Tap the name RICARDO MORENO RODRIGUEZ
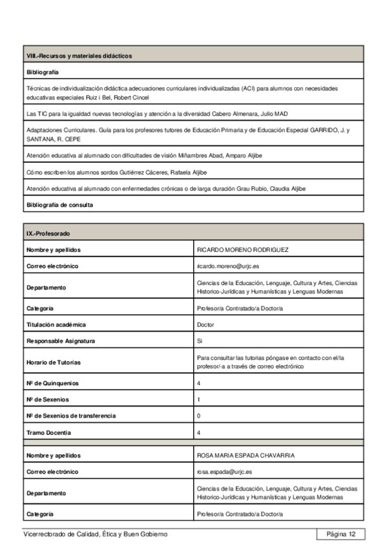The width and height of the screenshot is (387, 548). [242, 249]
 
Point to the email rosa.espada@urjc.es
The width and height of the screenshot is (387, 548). [224, 472]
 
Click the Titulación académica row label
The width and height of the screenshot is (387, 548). [56, 324]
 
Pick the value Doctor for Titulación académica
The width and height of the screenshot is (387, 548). [205, 324]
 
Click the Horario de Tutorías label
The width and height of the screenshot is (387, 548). [54, 362]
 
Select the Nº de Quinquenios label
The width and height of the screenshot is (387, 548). [53, 383]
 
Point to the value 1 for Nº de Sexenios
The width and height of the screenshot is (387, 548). [198, 399]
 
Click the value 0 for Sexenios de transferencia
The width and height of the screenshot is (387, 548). [198, 416]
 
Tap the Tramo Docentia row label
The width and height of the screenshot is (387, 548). [49, 432]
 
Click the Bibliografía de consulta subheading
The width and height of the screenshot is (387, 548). [59, 205]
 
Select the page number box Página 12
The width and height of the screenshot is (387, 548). [341, 534]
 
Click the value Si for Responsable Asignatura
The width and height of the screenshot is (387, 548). [199, 341]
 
